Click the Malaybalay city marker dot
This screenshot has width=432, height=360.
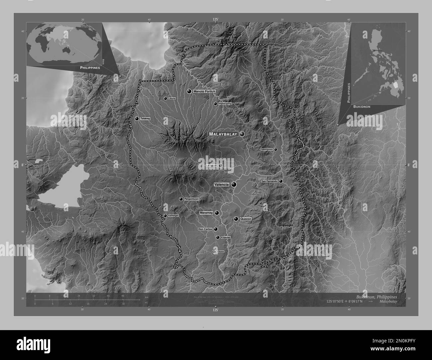click(242, 134)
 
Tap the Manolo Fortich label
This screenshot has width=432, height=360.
click(204, 91)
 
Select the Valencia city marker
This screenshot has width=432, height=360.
click(234, 184)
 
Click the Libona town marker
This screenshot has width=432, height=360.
click(165, 99)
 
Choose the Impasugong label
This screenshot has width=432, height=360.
click(225, 104)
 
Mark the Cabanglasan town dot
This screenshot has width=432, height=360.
click(275, 149)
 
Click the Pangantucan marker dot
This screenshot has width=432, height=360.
click(181, 199)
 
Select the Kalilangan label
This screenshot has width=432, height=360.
click(173, 216)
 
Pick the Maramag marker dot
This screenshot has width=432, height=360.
click(217, 213)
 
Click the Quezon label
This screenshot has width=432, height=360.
click(246, 219)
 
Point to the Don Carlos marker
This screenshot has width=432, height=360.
click(216, 229)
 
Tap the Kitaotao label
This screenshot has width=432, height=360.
click(226, 237)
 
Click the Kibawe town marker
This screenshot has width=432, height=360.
click(214, 252)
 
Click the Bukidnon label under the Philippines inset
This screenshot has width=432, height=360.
click(362, 107)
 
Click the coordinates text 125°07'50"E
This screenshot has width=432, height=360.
click(338, 301)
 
